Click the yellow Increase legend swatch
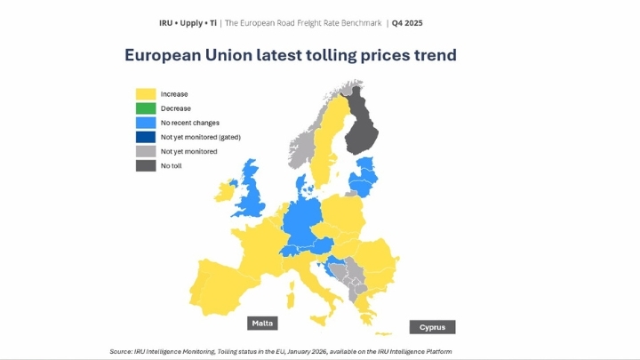(145, 93)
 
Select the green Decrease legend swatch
(145, 108)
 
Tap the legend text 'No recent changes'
(189, 123)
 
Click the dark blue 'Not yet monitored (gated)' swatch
(145, 137)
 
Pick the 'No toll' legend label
(171, 165)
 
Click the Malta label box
(262, 323)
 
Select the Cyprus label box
(432, 327)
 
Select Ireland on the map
(226, 190)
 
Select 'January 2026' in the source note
(307, 352)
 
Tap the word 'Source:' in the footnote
(122, 352)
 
